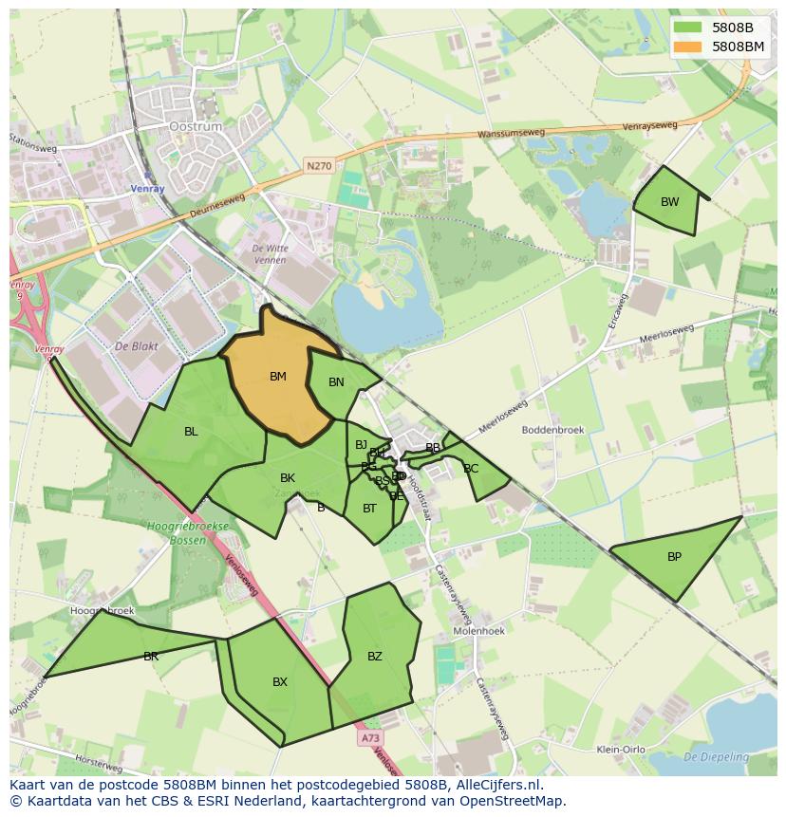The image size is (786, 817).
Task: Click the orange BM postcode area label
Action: pyautogui.click(x=277, y=377)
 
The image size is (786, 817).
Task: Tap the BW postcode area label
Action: pyautogui.click(x=670, y=201)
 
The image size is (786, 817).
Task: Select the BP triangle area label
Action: pyautogui.click(x=674, y=557)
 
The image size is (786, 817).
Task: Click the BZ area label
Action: pyautogui.click(x=375, y=657)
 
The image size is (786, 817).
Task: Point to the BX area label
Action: pyautogui.click(x=280, y=682)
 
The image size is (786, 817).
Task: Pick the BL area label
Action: pyautogui.click(x=191, y=432)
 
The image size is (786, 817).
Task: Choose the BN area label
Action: pyautogui.click(x=336, y=382)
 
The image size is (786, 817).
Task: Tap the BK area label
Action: pyautogui.click(x=288, y=478)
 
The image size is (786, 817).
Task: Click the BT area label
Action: pyautogui.click(x=370, y=509)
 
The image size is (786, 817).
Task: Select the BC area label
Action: pyautogui.click(x=471, y=469)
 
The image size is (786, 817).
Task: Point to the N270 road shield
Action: pyautogui.click(x=319, y=166)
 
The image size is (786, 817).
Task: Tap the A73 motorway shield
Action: pyautogui.click(x=370, y=737)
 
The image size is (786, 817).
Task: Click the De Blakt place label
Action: pyautogui.click(x=135, y=346)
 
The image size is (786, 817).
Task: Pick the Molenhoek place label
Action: pyautogui.click(x=478, y=630)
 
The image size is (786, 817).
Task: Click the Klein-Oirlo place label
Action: pyautogui.click(x=621, y=750)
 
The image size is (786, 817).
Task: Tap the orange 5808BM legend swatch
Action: pyautogui.click(x=689, y=46)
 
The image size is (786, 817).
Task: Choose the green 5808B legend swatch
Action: pyautogui.click(x=689, y=28)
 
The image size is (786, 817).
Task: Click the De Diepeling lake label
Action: pyautogui.click(x=716, y=757)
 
